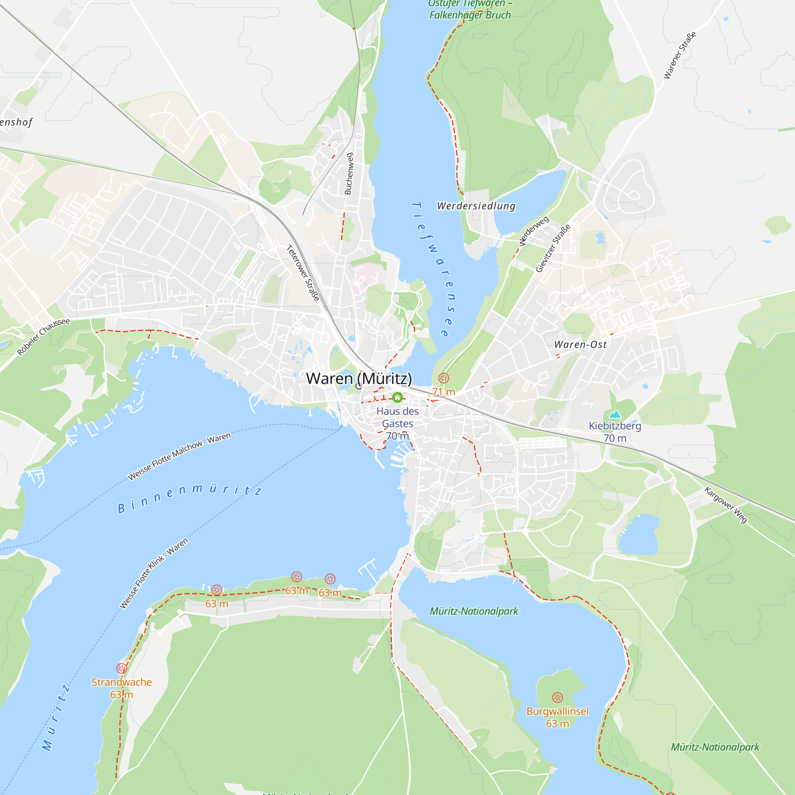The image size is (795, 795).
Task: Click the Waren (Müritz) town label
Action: [x=359, y=378]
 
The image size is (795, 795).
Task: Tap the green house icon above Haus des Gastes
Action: [x=397, y=397]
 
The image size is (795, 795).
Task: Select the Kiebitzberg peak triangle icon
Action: [x=615, y=413]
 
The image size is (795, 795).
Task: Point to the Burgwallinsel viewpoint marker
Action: [x=557, y=698]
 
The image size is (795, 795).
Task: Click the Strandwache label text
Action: [x=121, y=682]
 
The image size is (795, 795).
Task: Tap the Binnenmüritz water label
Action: [x=190, y=498]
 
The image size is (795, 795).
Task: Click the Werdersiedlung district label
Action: [x=476, y=206]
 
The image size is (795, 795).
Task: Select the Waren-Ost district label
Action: [x=580, y=344]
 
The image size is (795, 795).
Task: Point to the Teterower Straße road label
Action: [x=303, y=273]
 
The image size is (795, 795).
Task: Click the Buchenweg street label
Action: [x=349, y=174]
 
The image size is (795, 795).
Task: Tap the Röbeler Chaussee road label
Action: [x=44, y=337]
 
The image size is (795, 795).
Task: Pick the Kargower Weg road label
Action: [x=725, y=505]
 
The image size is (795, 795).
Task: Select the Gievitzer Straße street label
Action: [x=553, y=248]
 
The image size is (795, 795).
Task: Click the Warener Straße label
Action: [x=680, y=55]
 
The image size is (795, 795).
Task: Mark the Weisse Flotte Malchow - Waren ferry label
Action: [x=179, y=456]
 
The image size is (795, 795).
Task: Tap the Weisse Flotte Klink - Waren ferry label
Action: [x=153, y=573]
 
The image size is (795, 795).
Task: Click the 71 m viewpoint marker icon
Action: [x=444, y=378]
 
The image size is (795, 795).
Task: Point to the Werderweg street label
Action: [x=534, y=231]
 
